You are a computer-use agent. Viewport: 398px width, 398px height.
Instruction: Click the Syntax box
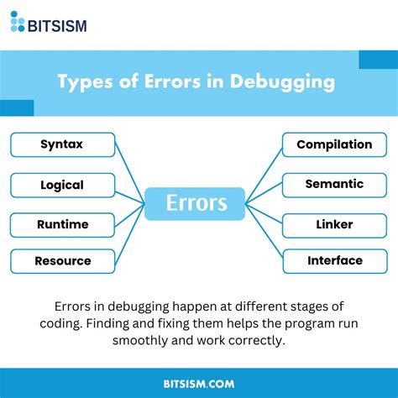pos(61,144)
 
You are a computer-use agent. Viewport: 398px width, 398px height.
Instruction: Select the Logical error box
pos(61,184)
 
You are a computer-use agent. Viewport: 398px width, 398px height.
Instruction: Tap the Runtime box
pos(61,224)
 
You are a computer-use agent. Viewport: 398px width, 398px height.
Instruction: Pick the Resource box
pos(61,261)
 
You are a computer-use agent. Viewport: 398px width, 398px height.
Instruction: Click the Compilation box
pos(334,144)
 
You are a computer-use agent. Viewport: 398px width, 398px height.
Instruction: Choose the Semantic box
pos(334,184)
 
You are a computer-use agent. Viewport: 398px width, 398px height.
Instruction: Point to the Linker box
pos(334,224)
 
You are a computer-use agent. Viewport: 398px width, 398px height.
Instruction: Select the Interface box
pos(334,261)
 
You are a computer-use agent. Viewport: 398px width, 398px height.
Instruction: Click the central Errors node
pos(195,203)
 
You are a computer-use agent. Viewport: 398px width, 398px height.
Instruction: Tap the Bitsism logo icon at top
pos(18,22)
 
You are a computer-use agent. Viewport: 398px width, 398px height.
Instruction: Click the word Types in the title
pos(84,82)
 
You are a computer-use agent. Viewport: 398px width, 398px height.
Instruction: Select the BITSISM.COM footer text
pos(198,383)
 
